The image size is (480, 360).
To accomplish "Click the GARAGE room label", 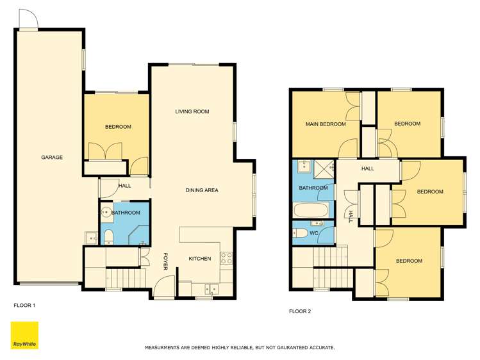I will (52, 157).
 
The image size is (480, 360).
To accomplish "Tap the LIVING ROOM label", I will (192, 111).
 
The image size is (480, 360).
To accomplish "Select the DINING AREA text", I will (202, 190).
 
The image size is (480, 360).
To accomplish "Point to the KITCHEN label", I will (199, 259).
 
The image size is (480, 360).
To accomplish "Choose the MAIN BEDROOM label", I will (326, 124).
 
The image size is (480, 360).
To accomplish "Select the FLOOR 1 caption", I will (24, 306).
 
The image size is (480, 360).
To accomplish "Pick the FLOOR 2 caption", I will (300, 312).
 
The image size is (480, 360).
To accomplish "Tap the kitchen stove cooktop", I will (226, 258).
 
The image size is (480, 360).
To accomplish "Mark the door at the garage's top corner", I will (29, 20).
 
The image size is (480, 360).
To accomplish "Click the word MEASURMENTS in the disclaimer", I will (169, 348).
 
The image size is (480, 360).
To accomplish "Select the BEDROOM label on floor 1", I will (118, 127).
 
